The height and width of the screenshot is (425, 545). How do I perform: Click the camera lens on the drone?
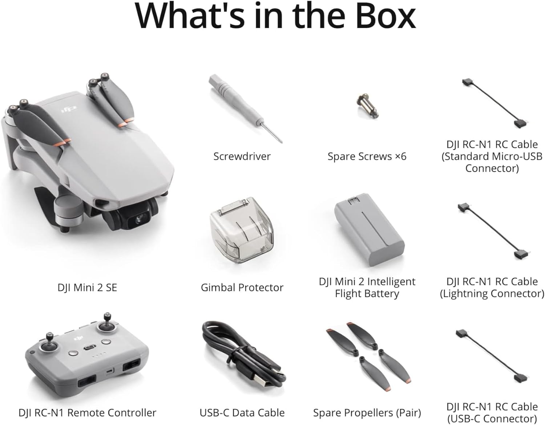(x=138, y=219)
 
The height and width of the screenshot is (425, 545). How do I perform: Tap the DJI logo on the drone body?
(x=69, y=108)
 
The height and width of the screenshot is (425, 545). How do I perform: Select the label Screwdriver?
(x=242, y=156)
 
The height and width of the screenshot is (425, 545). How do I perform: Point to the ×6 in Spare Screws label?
(x=400, y=156)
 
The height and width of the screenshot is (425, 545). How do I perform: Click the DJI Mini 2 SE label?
(x=87, y=288)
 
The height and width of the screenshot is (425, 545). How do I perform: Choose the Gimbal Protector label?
(x=242, y=288)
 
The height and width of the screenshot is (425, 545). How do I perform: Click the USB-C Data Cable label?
(x=242, y=413)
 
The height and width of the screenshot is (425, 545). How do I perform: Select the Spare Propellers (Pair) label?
(x=367, y=413)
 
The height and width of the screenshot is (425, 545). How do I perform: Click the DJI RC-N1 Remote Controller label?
(x=87, y=413)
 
